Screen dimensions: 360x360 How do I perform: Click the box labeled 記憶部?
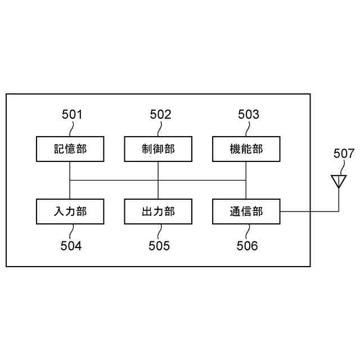[70, 149]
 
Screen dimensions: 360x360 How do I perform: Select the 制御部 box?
[158, 149]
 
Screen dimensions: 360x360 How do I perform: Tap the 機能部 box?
[246, 149]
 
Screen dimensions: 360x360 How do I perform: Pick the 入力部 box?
[70, 211]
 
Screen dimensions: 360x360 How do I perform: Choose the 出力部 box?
[158, 211]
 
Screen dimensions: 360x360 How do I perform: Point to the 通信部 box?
[246, 211]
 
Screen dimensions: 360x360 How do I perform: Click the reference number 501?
[72, 115]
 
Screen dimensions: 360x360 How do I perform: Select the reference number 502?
[160, 115]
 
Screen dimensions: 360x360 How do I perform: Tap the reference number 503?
[249, 115]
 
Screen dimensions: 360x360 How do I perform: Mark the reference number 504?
[71, 246]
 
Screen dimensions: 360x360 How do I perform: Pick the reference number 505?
[159, 246]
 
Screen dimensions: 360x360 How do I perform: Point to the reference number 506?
[247, 246]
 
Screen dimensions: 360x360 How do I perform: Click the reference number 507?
[344, 154]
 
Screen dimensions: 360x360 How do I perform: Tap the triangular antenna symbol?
[338, 181]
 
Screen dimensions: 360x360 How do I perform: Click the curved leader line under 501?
[70, 129]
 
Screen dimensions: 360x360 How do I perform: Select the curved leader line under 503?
[247, 129]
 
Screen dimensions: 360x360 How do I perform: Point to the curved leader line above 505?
[159, 231]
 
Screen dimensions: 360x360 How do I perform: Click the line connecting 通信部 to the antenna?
[309, 211]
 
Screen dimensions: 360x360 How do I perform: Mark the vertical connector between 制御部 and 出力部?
[158, 180]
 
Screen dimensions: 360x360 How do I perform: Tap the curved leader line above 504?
[70, 231]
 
